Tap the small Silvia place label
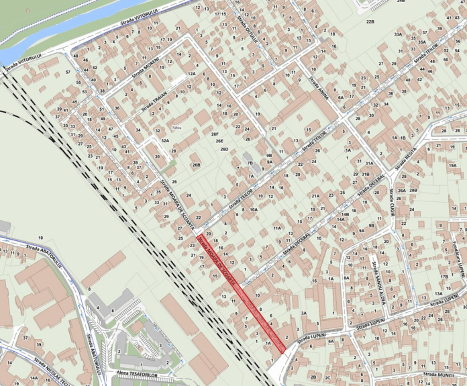coord(177,126)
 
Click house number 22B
coord(370,22)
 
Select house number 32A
coord(164,141)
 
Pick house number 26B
coord(196,164)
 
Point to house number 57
coord(68,71)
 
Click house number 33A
coord(398,34)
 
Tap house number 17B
coord(444,277)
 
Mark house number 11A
coord(277,228)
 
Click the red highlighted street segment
coord(242,293)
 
